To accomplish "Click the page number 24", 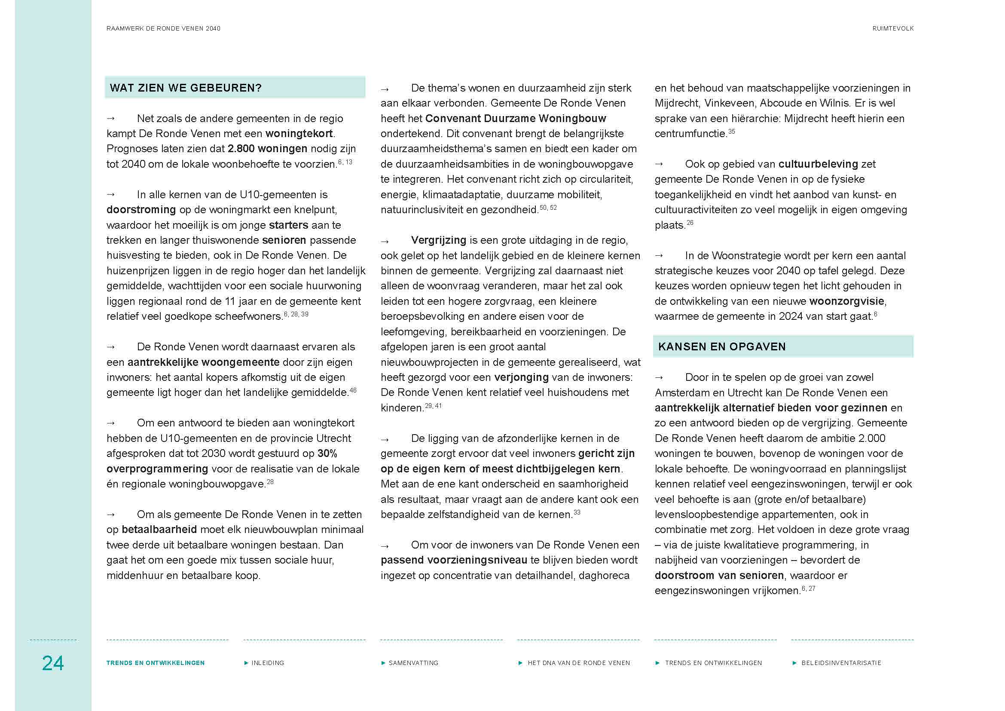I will click(x=52, y=663).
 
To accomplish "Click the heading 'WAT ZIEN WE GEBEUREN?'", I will click(x=186, y=88).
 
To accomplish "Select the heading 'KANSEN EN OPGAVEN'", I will click(x=722, y=347).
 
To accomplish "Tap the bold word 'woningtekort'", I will click(x=299, y=134).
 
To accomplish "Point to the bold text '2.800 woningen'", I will click(x=267, y=149).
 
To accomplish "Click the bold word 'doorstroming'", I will click(x=141, y=210).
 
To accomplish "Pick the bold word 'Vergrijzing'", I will click(x=438, y=240).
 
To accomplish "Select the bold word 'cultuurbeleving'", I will click(x=818, y=164).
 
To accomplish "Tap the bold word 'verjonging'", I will click(x=521, y=377).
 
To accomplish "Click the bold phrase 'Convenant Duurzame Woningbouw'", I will click(x=515, y=119).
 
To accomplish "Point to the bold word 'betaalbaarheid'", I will click(x=159, y=530).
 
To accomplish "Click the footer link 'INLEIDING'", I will click(x=267, y=663).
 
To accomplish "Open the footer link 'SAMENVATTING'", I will click(x=413, y=663).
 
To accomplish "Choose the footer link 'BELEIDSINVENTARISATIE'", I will click(x=841, y=663).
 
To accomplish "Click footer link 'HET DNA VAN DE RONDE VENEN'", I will click(x=579, y=663).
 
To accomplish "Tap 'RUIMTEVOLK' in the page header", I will click(x=892, y=28).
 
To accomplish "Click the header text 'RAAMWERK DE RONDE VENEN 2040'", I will click(x=163, y=28).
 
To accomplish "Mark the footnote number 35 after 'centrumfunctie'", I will click(x=731, y=132).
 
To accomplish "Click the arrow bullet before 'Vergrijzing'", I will click(x=384, y=242).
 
